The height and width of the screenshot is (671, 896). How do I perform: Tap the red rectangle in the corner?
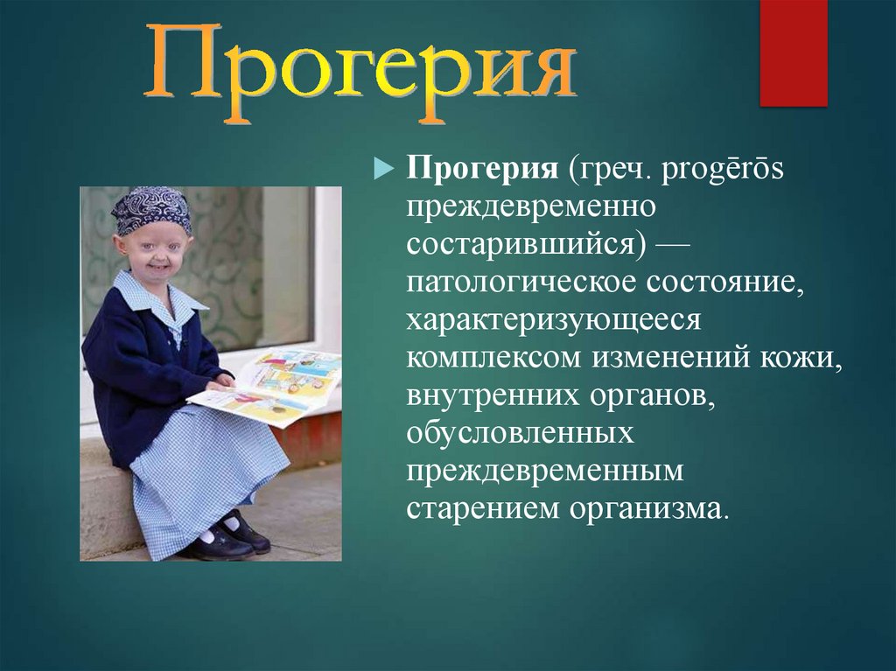tap(793, 53)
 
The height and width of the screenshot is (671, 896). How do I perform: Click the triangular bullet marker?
tap(384, 169)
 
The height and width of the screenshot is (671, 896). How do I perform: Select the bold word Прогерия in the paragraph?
tap(482, 170)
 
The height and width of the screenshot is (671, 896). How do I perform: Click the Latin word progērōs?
tap(722, 171)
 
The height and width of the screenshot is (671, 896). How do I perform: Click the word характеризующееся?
tap(553, 321)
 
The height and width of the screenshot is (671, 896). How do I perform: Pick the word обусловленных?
tap(520, 433)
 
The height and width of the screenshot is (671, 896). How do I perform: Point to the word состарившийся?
tap(525, 245)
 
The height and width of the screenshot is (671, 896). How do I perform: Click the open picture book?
tap(269, 388)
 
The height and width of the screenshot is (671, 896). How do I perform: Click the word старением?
tap(482, 509)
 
